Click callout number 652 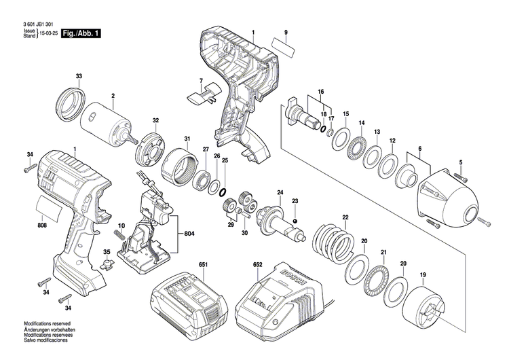[x=257, y=264]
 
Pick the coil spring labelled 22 [x=335, y=241]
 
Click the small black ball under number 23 [x=295, y=221]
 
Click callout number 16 [x=321, y=92]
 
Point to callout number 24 [x=280, y=193]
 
